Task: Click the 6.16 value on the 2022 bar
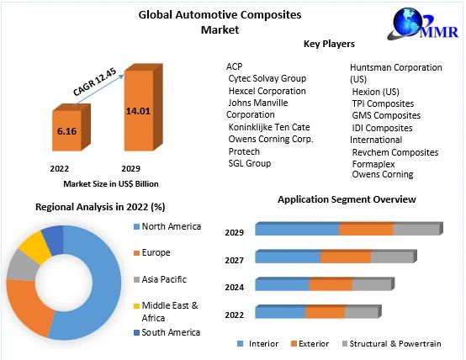pos(66,131)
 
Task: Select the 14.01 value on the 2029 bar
pos(138,111)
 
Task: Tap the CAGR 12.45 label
pos(94,82)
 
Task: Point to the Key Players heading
pos(329,44)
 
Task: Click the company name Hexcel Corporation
pos(267,91)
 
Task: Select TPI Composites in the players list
pos(383,103)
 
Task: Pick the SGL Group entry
pos(250,163)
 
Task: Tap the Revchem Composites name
pos(395,152)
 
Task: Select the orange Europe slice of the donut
pos(28,305)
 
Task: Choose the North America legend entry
pos(167,226)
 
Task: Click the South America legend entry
pos(167,332)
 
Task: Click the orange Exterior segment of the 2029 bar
pos(366,230)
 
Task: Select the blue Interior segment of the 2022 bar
pos(281,312)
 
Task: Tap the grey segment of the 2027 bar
pos(392,257)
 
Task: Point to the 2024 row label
pos(234,288)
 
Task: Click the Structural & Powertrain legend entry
pos(391,344)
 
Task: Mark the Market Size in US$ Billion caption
pos(111,184)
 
